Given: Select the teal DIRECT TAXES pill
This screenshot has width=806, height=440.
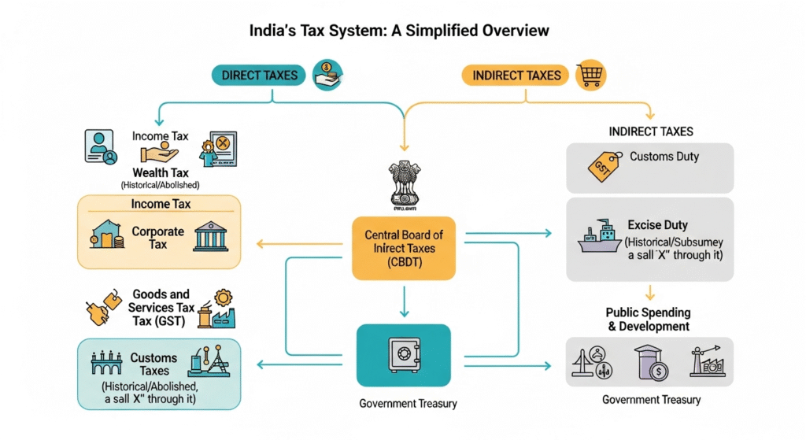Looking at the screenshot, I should (x=259, y=76).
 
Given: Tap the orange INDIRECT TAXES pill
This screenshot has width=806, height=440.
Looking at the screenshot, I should (x=516, y=76).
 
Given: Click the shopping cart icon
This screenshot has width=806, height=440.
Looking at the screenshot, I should (x=590, y=74).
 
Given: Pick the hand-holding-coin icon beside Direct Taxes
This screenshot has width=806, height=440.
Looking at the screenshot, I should (x=327, y=73).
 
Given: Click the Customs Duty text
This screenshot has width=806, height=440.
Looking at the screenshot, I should (x=664, y=157).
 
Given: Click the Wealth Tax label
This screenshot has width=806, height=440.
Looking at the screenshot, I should (x=161, y=172).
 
